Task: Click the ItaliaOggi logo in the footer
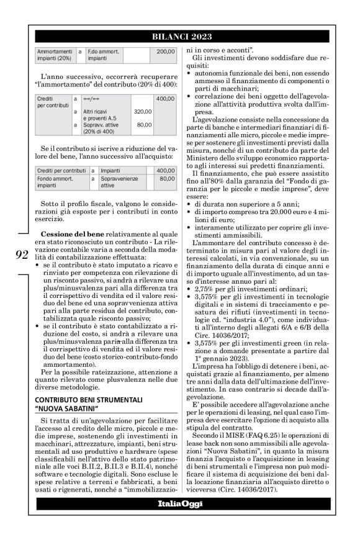[179, 503]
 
